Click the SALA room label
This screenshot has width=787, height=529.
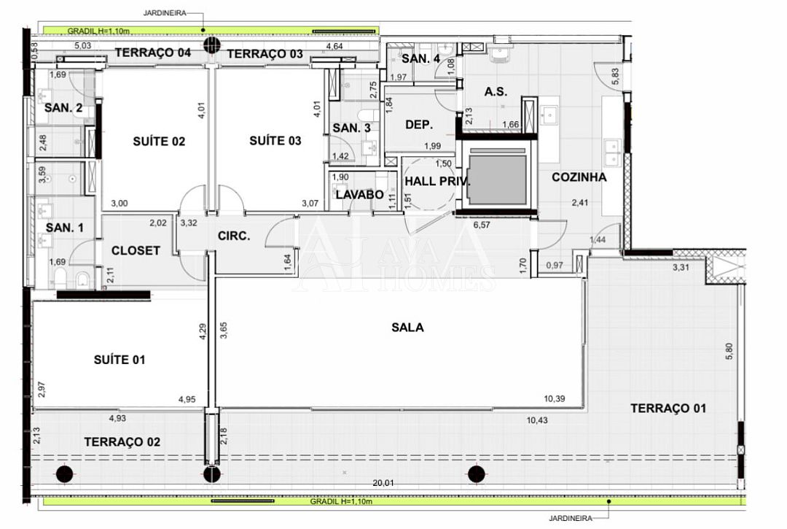[407, 328]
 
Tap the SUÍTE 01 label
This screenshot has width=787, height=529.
[120, 360]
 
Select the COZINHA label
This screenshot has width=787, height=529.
[579, 177]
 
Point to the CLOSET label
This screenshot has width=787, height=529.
[136, 250]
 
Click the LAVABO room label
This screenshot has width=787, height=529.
[360, 194]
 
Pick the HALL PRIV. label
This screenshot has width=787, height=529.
[438, 182]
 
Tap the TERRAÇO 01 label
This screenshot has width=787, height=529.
[668, 409]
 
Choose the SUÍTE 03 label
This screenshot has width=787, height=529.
[275, 141]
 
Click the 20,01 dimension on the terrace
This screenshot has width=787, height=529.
[383, 483]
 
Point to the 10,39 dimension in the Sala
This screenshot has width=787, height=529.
[554, 398]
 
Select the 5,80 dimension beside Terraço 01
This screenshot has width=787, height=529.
[729, 351]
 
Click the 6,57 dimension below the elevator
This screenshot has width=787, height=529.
[482, 225]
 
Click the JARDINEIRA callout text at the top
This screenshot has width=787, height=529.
[165, 13]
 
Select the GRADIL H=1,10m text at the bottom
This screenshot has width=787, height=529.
[341, 501]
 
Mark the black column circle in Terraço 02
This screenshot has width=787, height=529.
[64, 474]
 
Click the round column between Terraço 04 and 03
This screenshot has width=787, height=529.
[212, 45]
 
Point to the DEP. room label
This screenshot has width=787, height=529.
[419, 125]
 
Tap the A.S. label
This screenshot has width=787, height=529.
[496, 91]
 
